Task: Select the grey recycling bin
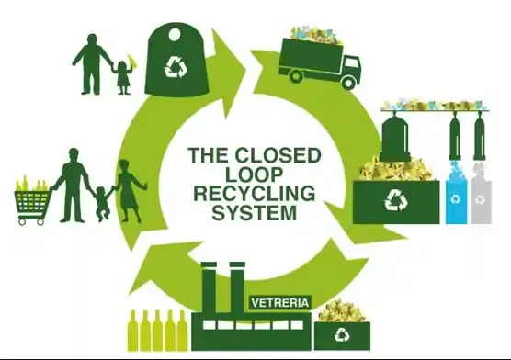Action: (480, 201)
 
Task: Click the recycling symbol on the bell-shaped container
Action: (175, 66)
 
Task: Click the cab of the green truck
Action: (344, 65)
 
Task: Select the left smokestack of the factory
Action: (210, 284)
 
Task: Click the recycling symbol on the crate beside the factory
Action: (342, 335)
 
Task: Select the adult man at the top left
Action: (94, 62)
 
